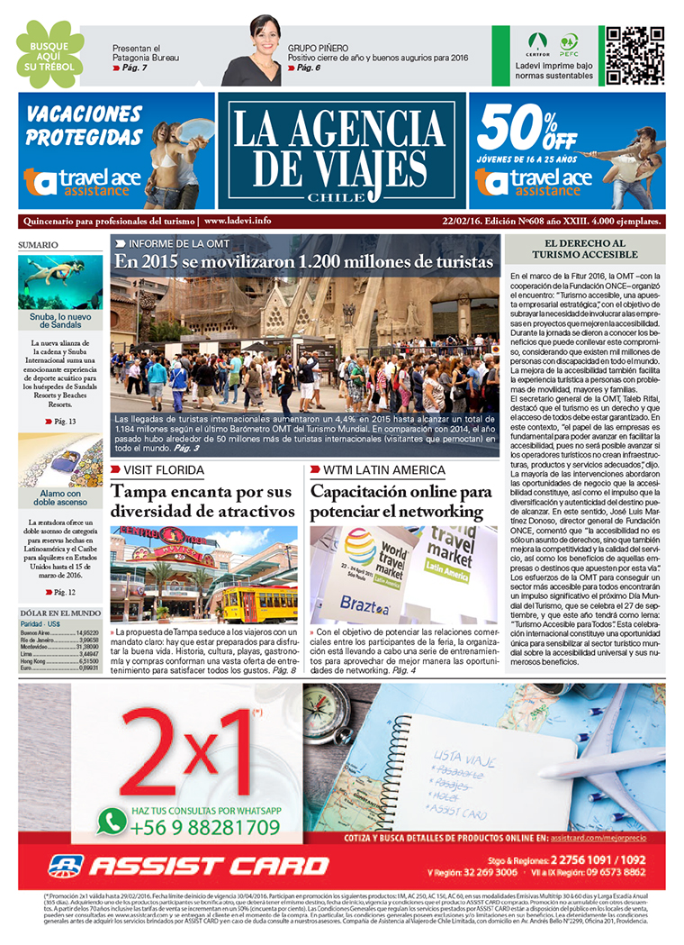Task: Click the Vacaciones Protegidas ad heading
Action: [x=84, y=126]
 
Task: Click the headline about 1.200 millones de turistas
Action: [x=304, y=261]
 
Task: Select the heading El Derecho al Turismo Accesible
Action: [x=585, y=250]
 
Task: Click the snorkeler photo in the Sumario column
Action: [x=60, y=280]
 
